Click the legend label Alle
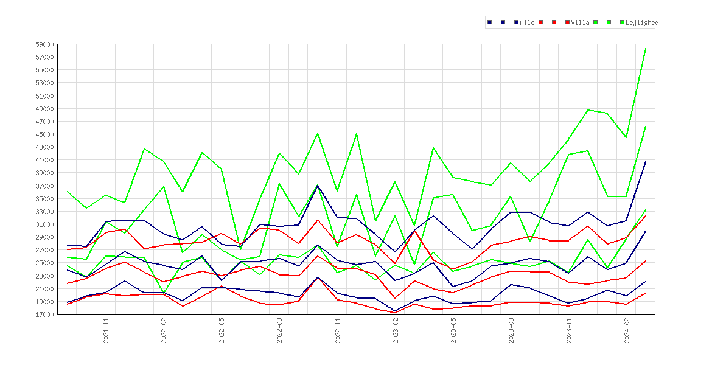(527, 23)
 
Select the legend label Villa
(581, 23)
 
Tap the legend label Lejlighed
(642, 23)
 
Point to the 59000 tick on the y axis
(44, 44)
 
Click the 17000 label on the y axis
(44, 314)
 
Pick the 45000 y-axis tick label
(44, 134)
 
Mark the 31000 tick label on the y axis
(44, 224)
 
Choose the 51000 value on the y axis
(44, 96)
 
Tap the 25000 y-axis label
(44, 263)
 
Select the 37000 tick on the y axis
(44, 186)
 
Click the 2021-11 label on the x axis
(106, 330)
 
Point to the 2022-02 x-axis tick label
(164, 330)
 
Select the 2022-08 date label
(280, 330)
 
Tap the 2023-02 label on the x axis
(396, 330)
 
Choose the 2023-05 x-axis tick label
(453, 330)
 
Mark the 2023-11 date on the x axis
(570, 330)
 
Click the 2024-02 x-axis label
(627, 330)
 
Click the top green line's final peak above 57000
(646, 49)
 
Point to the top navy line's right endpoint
(646, 162)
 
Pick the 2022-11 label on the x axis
(338, 330)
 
